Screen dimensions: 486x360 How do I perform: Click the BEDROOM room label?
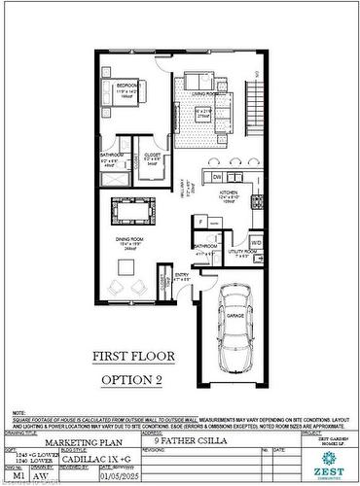click(x=127, y=86)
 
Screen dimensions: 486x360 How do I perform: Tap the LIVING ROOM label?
click(x=201, y=95)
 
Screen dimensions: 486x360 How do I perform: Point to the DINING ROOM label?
click(x=131, y=242)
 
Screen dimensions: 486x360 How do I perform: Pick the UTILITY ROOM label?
click(x=241, y=252)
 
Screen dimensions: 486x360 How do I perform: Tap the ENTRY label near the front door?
click(x=182, y=274)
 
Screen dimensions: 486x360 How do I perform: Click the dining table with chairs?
click(x=128, y=210)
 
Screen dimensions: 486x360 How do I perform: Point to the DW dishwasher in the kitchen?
click(x=217, y=176)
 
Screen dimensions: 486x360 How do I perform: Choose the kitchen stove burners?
click(x=258, y=202)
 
